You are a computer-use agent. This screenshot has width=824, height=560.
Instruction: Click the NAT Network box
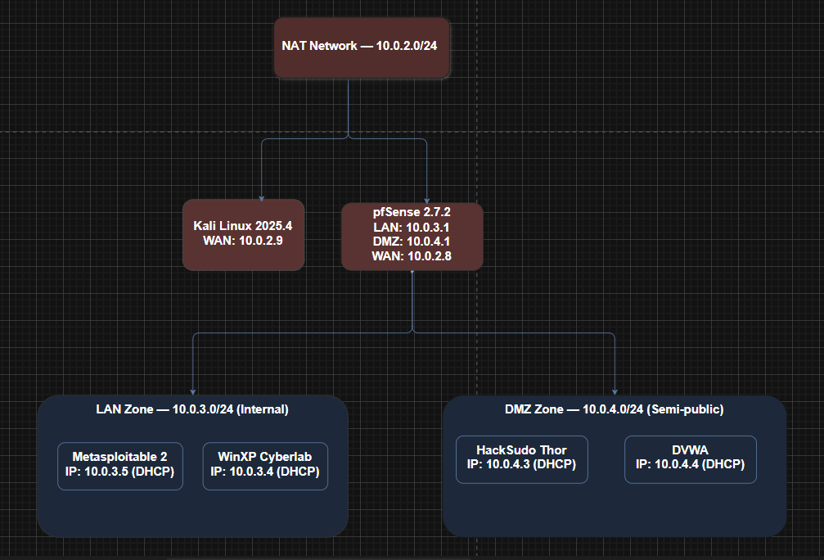pyautogui.click(x=362, y=47)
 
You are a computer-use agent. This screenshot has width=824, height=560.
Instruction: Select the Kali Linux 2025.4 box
pyautogui.click(x=243, y=234)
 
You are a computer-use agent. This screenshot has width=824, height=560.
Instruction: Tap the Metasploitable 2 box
pyautogui.click(x=120, y=466)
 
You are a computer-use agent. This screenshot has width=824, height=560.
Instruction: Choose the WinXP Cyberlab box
pyautogui.click(x=265, y=466)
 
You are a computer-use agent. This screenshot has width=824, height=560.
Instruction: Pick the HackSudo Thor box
pyautogui.click(x=522, y=459)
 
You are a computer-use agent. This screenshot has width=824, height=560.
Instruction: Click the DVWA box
pyautogui.click(x=691, y=459)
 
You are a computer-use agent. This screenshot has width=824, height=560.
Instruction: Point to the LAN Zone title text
pyautogui.click(x=192, y=409)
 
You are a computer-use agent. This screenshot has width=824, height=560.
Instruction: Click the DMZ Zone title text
pyautogui.click(x=615, y=409)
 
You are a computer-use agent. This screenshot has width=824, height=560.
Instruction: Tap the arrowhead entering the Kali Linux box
pyautogui.click(x=262, y=198)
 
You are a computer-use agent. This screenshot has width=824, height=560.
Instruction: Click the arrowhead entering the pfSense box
pyautogui.click(x=426, y=201)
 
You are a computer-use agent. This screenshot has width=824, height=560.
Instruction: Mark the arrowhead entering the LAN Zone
pyautogui.click(x=193, y=391)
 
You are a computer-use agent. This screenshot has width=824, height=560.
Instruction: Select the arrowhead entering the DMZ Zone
pyautogui.click(x=615, y=391)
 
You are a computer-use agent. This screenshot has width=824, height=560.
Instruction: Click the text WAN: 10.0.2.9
pyautogui.click(x=243, y=241)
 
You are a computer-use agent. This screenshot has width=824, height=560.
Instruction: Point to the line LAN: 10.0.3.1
pyautogui.click(x=412, y=227)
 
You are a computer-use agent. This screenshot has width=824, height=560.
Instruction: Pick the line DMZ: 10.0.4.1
pyautogui.click(x=412, y=242)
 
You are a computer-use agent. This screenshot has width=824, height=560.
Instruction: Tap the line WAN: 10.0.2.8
pyautogui.click(x=412, y=256)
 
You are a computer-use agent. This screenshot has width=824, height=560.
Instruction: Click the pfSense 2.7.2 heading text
pyautogui.click(x=412, y=212)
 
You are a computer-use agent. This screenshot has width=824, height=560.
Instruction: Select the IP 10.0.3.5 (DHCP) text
pyautogui.click(x=119, y=471)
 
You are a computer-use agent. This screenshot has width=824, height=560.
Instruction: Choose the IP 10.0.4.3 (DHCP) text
pyautogui.click(x=521, y=464)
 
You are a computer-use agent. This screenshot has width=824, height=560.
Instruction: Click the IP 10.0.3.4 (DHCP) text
pyautogui.click(x=265, y=471)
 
